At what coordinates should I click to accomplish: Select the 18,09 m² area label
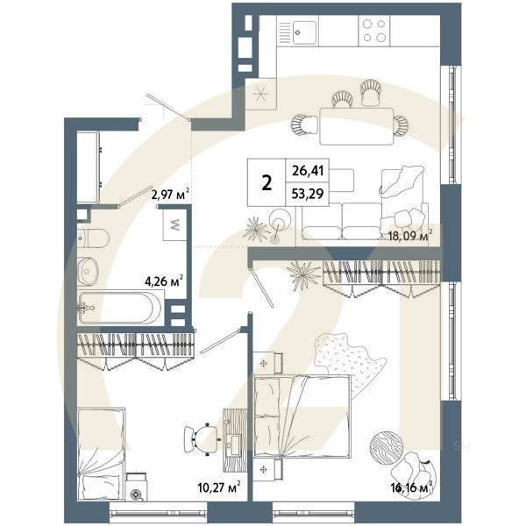point(410,236)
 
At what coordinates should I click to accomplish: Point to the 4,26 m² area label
point(163,282)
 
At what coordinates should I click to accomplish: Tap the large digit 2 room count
point(267,183)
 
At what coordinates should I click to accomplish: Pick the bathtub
point(119,308)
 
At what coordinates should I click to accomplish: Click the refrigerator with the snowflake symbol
point(261,93)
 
